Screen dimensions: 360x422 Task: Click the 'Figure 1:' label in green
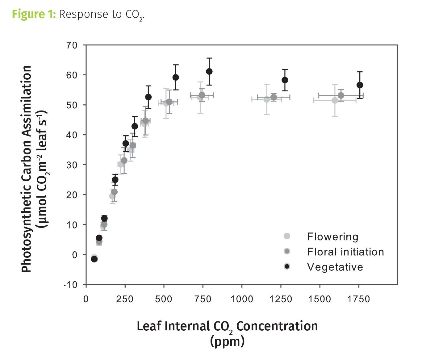34,15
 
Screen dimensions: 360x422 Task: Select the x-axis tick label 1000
242,299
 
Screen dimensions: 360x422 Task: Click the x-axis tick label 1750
358,299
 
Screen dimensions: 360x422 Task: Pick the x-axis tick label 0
86,299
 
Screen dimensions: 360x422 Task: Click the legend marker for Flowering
287,236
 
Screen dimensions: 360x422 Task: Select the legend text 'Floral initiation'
345,252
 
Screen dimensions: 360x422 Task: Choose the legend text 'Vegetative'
335,267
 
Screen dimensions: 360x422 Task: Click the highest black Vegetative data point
209,71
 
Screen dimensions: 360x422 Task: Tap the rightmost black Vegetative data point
360,85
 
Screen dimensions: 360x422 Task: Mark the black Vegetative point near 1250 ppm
285,80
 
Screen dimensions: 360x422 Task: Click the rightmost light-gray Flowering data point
335,100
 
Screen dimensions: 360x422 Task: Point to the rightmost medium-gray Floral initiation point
341,95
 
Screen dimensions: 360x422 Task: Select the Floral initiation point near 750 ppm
202,95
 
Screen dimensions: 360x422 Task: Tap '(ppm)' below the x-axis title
227,341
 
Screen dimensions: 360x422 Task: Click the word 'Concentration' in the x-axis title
277,326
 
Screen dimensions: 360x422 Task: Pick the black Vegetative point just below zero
94,259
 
